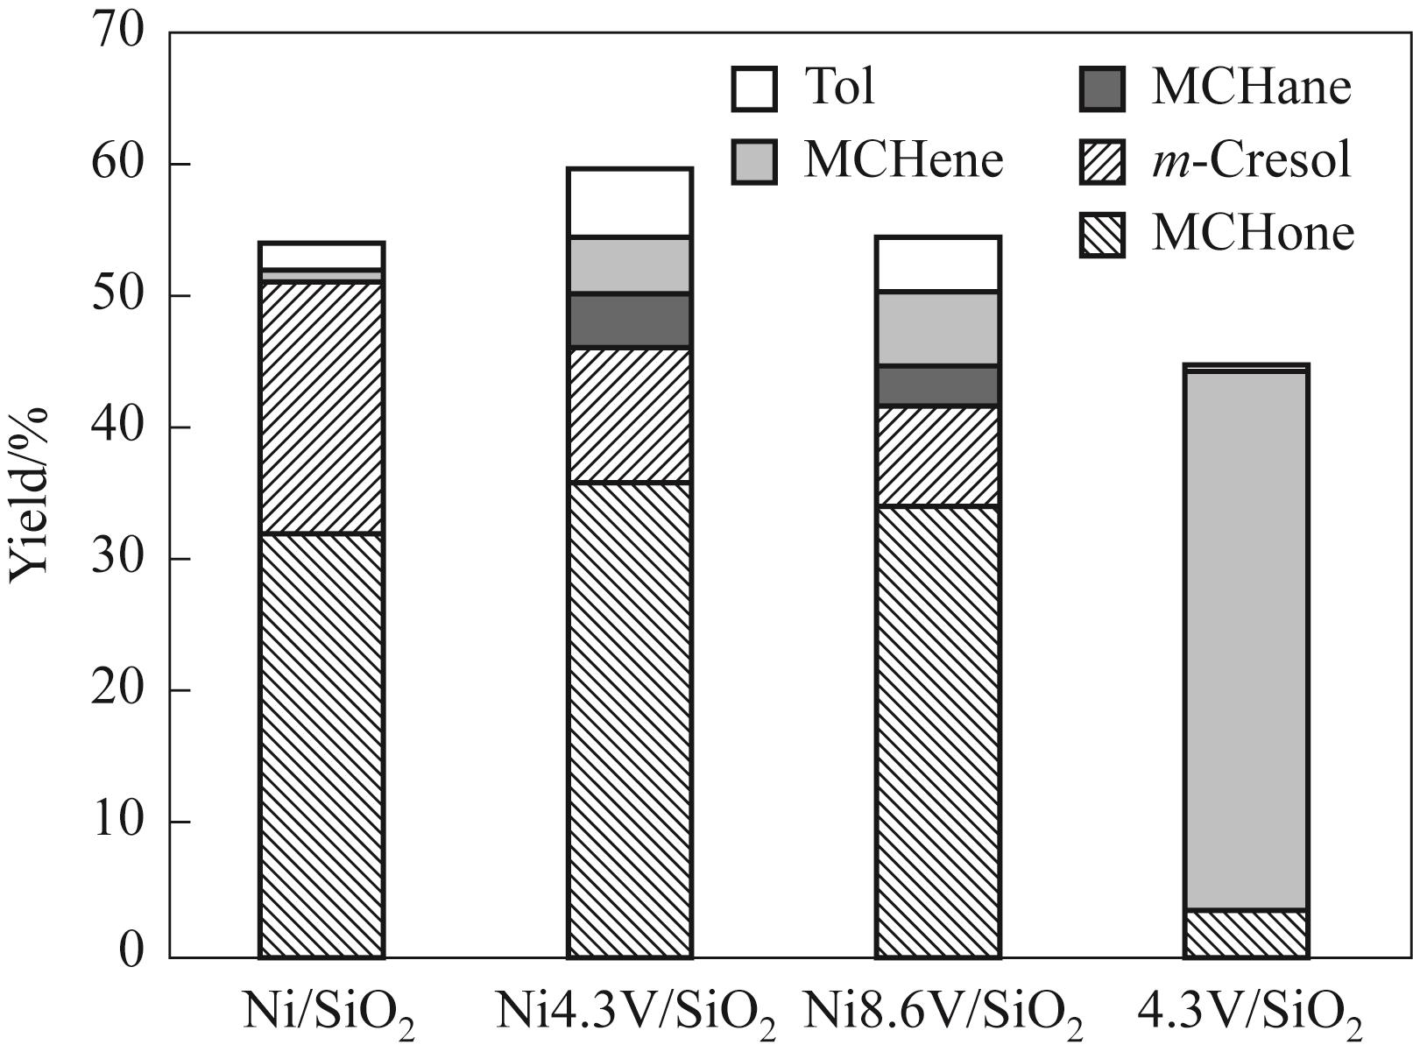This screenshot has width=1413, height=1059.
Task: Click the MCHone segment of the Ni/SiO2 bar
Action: (321, 745)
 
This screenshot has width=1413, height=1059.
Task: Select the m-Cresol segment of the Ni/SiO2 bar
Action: (321, 407)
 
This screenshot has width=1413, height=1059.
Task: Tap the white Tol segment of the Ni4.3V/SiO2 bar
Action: (630, 202)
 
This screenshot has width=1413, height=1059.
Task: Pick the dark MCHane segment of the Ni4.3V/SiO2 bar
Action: (630, 321)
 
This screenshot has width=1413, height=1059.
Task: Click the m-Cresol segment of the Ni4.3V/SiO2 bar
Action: (630, 414)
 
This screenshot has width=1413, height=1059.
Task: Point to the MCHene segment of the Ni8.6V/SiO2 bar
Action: (938, 328)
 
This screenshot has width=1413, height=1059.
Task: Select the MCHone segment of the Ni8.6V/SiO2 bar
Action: (938, 731)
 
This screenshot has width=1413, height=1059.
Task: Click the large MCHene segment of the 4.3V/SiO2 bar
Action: (1246, 640)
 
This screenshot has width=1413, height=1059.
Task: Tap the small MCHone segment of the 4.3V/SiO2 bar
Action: (1246, 934)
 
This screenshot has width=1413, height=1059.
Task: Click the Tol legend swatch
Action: (754, 88)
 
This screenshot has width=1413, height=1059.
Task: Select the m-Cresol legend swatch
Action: (1102, 161)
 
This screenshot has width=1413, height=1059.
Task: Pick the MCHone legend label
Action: (1253, 234)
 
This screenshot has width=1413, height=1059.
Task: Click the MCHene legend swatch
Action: (754, 161)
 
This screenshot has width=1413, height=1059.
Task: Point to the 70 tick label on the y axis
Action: (118, 33)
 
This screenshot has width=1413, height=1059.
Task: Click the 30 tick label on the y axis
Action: (118, 558)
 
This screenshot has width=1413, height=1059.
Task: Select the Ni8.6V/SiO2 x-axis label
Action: (943, 1016)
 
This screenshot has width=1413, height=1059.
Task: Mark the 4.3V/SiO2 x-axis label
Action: (1250, 1016)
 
